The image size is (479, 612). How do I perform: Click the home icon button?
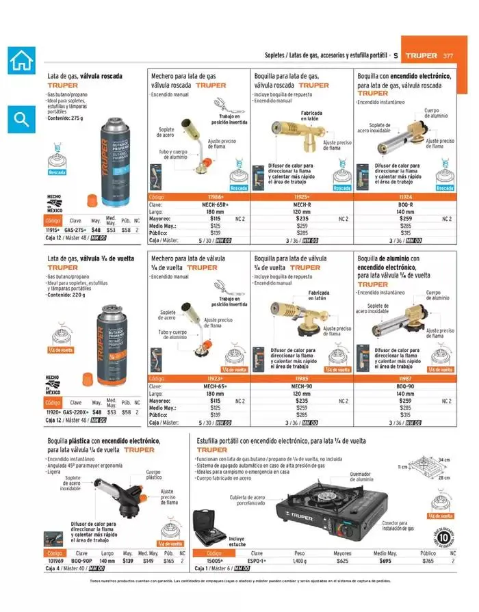(x=21, y=60)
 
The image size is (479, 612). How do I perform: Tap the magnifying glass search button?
(x=21, y=120)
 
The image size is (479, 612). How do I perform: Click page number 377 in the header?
(x=448, y=55)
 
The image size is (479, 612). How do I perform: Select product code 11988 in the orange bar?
(x=200, y=196)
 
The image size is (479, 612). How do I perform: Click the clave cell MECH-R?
(x=302, y=204)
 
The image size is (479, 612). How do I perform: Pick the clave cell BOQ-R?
(x=405, y=204)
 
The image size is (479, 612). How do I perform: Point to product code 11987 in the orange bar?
(x=405, y=377)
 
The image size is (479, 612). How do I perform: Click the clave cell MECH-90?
(x=302, y=386)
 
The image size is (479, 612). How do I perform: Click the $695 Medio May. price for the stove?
(x=385, y=561)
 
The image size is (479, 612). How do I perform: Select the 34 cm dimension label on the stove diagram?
(x=445, y=459)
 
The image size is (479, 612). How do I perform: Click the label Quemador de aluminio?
(x=364, y=477)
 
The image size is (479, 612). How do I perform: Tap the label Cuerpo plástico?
(x=153, y=474)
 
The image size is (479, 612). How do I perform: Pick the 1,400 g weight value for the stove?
(x=300, y=561)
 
